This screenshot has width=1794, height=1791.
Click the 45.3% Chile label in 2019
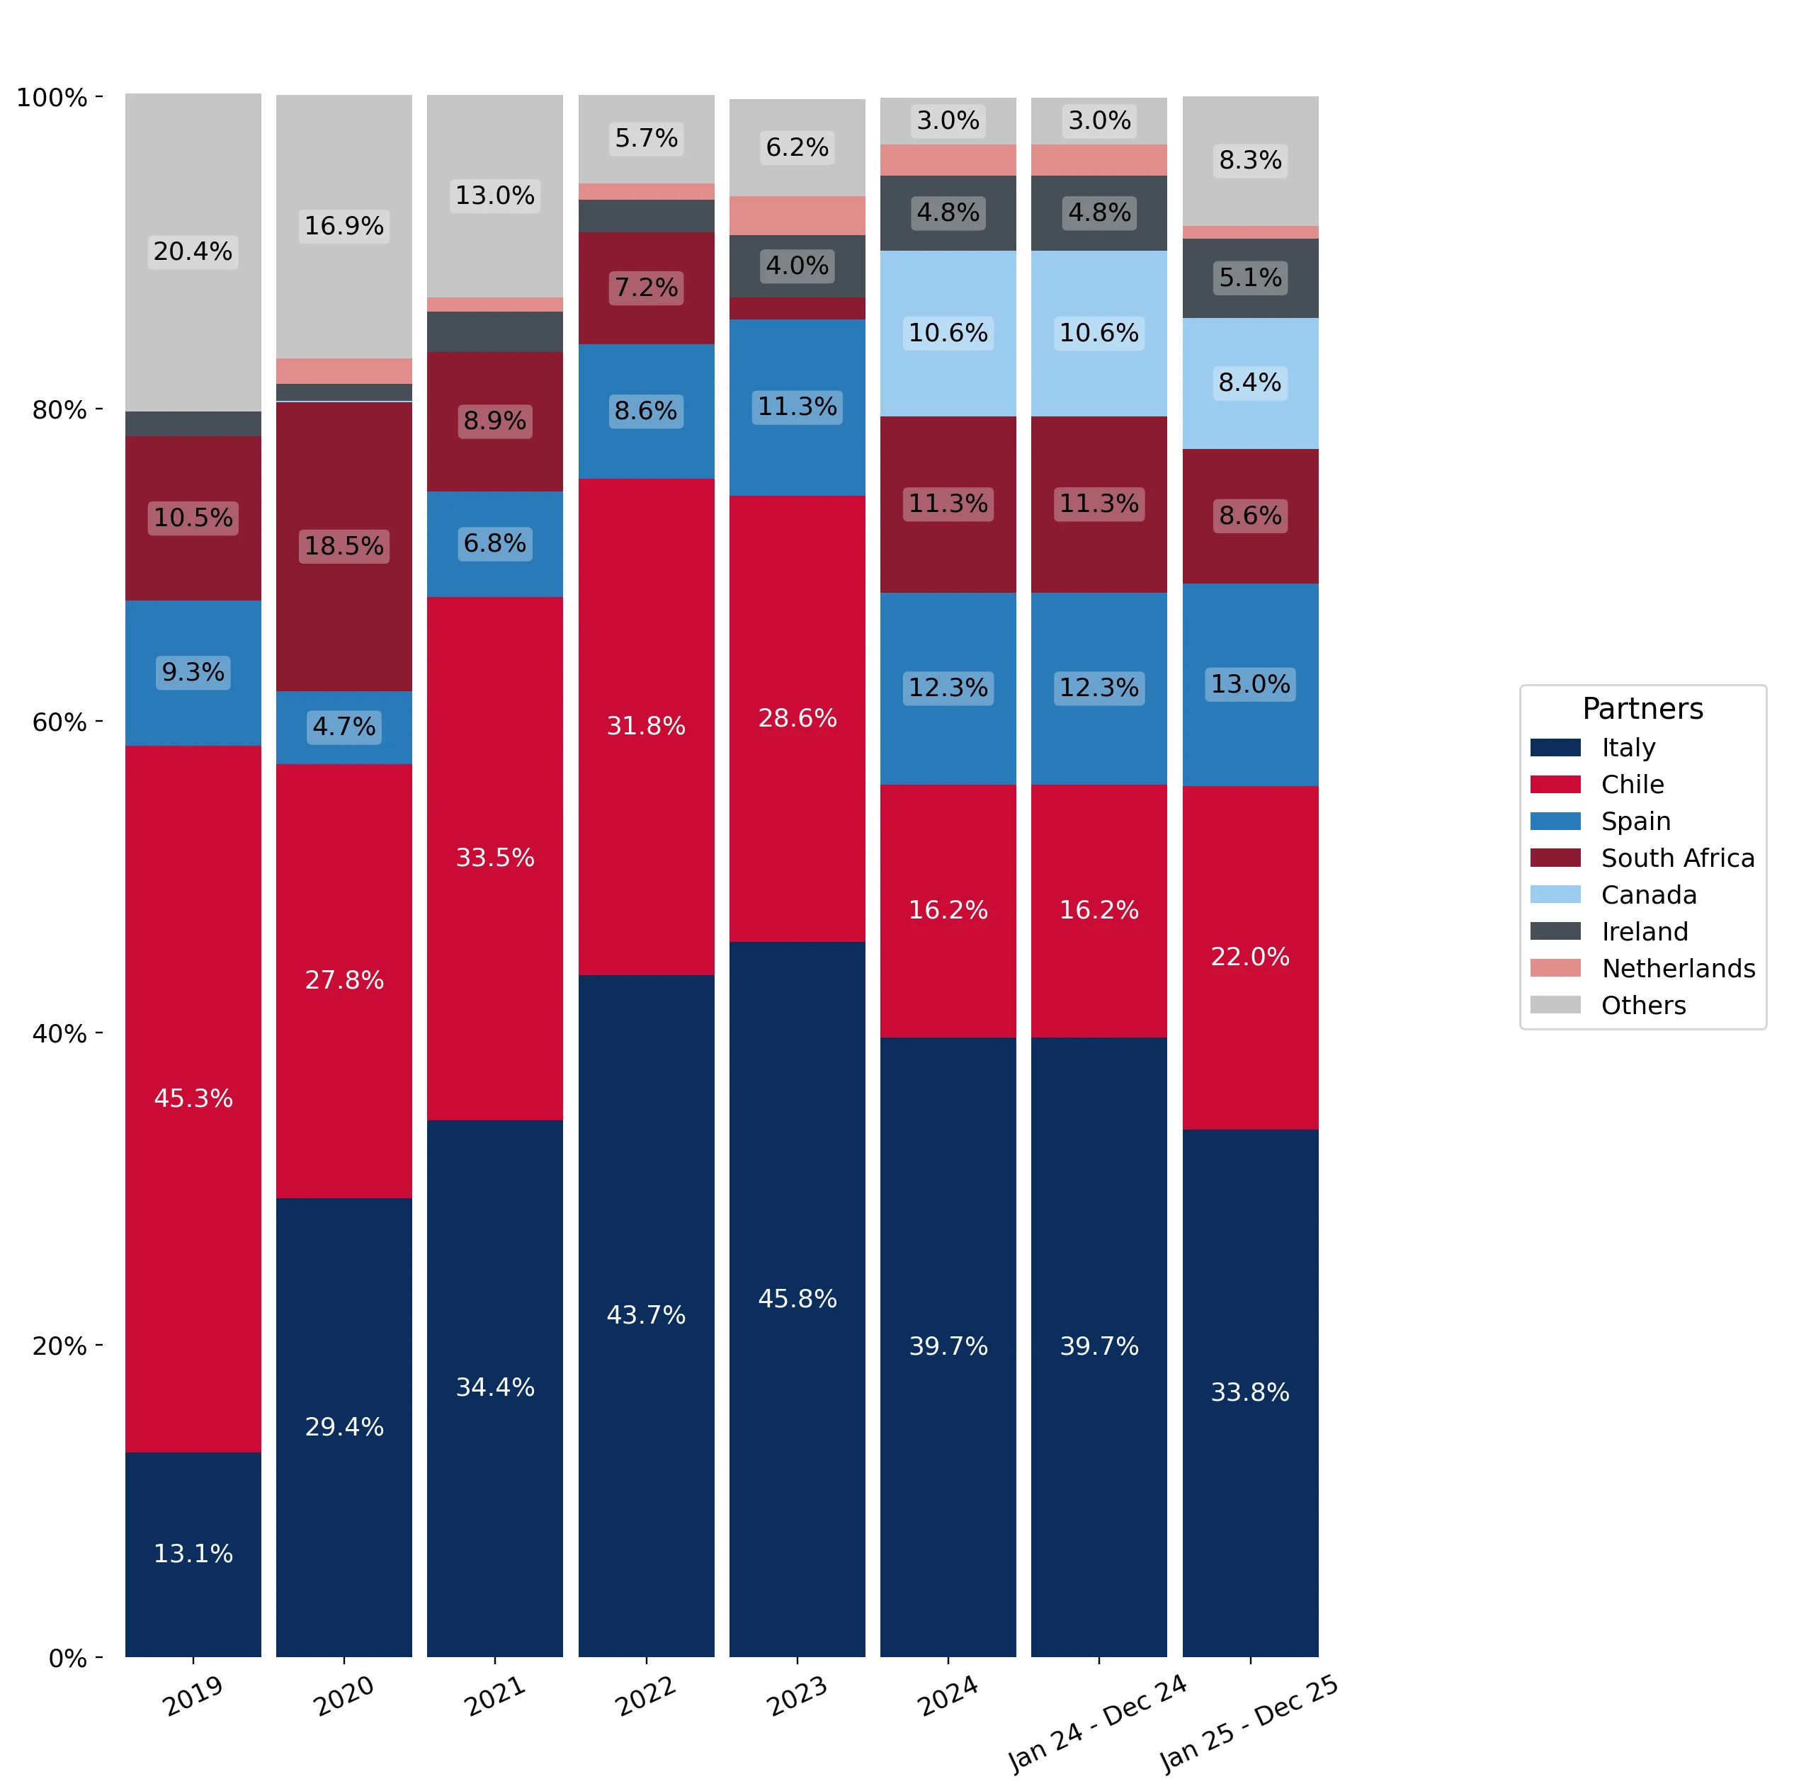pos(193,1098)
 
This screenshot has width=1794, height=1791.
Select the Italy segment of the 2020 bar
pos(344,1427)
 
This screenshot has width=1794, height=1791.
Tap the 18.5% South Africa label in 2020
pos(344,545)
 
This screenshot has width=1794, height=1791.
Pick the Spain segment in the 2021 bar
pos(495,544)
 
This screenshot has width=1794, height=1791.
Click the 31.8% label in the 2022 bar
pos(647,725)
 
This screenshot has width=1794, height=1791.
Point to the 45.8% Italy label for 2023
pos(797,1298)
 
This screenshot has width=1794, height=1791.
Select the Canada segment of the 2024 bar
pos(948,334)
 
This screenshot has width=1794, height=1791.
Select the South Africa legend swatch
pos(1555,858)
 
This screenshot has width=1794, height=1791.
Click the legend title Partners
pos(1642,708)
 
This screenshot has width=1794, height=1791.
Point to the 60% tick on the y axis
pos(99,722)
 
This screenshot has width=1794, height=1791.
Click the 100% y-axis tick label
pos(52,98)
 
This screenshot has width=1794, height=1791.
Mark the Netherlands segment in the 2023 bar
pos(797,215)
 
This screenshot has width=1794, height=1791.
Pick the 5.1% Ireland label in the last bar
pos(1250,278)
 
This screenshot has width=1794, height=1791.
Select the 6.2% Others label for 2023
pos(797,147)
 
